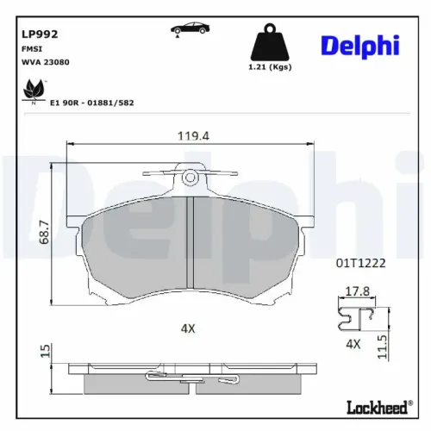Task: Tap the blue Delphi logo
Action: [360, 46]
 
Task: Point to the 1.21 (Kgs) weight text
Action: [267, 68]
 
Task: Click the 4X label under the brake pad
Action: [188, 328]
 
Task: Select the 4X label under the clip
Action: [352, 344]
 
